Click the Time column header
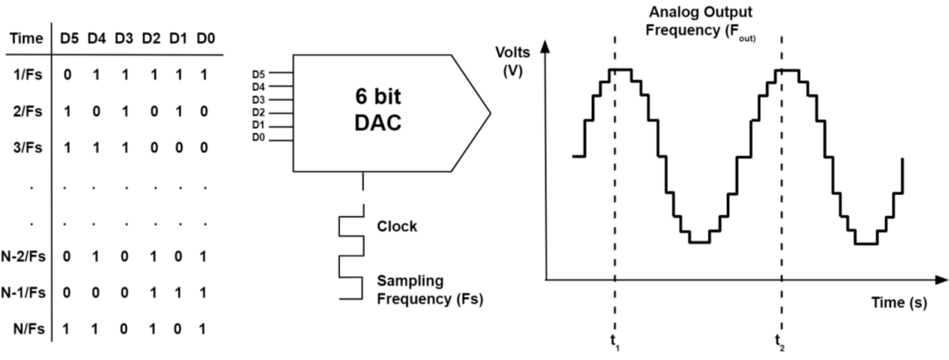26,38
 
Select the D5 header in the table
69,38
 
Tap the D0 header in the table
205,38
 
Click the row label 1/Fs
27,75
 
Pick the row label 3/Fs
27,148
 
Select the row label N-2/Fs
23,256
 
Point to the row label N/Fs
29,329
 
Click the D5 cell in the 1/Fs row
67,75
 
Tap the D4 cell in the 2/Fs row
96,112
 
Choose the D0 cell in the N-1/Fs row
203,293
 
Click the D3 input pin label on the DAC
258,100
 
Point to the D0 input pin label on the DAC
258,137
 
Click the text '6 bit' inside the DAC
378,96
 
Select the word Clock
397,227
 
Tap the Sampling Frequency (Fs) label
429,290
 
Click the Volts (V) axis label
512,61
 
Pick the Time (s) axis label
899,302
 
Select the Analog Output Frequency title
700,21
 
